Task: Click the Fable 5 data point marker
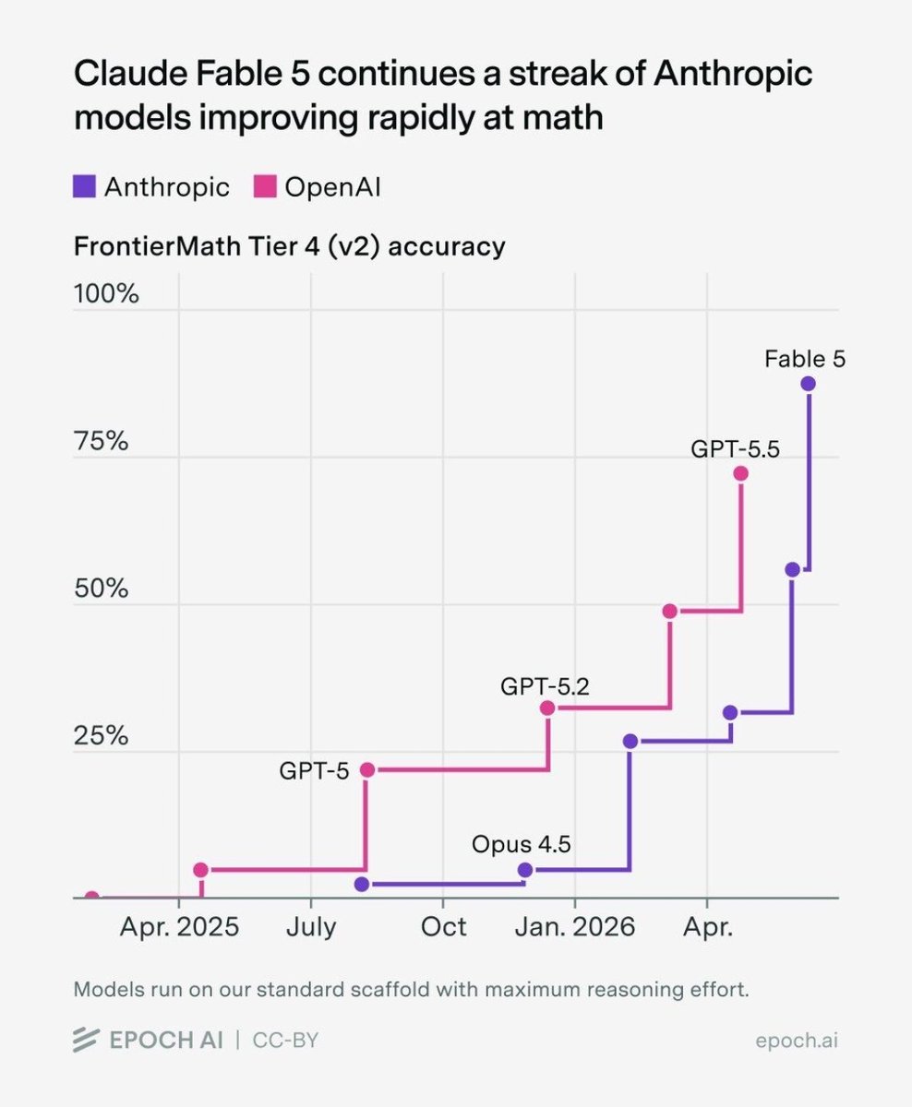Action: pyautogui.click(x=808, y=384)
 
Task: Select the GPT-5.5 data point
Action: pyautogui.click(x=740, y=473)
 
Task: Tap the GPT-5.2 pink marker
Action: pyautogui.click(x=547, y=708)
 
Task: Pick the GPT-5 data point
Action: pyautogui.click(x=367, y=770)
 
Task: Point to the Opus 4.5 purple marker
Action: pyautogui.click(x=525, y=870)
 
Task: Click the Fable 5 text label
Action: pyautogui.click(x=805, y=359)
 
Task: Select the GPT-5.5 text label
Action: pyautogui.click(x=735, y=449)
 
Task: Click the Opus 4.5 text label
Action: pyautogui.click(x=522, y=845)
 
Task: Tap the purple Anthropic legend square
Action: pyautogui.click(x=84, y=186)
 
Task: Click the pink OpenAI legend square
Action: pyautogui.click(x=265, y=186)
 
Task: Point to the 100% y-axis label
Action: pyautogui.click(x=106, y=293)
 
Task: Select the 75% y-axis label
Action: pyautogui.click(x=101, y=441)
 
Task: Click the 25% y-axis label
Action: pyautogui.click(x=101, y=736)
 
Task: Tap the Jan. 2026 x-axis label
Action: pyautogui.click(x=575, y=927)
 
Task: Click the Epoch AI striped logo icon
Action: pyautogui.click(x=86, y=1040)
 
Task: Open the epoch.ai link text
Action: pyautogui.click(x=797, y=1041)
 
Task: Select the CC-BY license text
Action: pyautogui.click(x=285, y=1040)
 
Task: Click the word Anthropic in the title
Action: pyautogui.click(x=733, y=74)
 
